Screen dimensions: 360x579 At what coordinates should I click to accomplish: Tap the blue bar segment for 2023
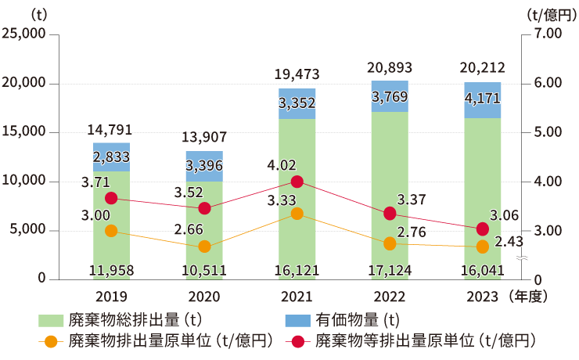482,99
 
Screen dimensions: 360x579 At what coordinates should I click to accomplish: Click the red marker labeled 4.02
297,182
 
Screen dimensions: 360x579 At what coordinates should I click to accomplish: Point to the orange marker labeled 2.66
204,247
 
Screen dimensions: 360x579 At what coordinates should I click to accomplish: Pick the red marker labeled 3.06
483,229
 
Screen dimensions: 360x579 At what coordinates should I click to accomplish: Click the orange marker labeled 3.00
111,231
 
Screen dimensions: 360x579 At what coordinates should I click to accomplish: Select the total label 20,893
389,67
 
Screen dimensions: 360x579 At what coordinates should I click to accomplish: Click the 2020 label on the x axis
204,297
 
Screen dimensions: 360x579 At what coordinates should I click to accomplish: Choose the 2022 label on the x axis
389,297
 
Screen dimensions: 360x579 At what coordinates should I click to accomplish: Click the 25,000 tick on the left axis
25,34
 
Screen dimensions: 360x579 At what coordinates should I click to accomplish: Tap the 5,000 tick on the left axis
30,231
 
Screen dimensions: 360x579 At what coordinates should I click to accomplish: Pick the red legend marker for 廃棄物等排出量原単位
297,341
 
